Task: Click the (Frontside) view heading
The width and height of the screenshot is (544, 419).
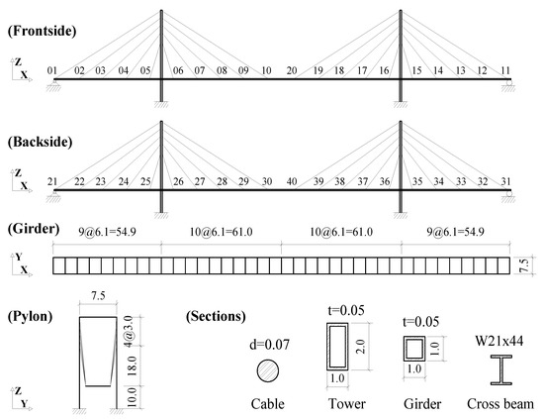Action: pyautogui.click(x=42, y=31)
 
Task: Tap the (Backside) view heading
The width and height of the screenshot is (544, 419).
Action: pyautogui.click(x=41, y=142)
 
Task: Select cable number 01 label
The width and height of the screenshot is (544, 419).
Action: pyautogui.click(x=52, y=70)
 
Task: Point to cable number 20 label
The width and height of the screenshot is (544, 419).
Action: pyautogui.click(x=292, y=70)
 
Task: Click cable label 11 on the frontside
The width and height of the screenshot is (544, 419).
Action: pyautogui.click(x=505, y=70)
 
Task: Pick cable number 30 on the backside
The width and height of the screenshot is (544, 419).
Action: pyautogui.click(x=267, y=181)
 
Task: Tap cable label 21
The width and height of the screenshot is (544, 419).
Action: pyautogui.click(x=52, y=181)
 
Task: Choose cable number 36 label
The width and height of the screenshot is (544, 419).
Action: pyautogui.click(x=385, y=181)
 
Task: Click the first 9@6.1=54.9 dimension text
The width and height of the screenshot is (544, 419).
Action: pyautogui.click(x=107, y=232)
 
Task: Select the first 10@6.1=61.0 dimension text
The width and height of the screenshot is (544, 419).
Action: pyautogui.click(x=221, y=232)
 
